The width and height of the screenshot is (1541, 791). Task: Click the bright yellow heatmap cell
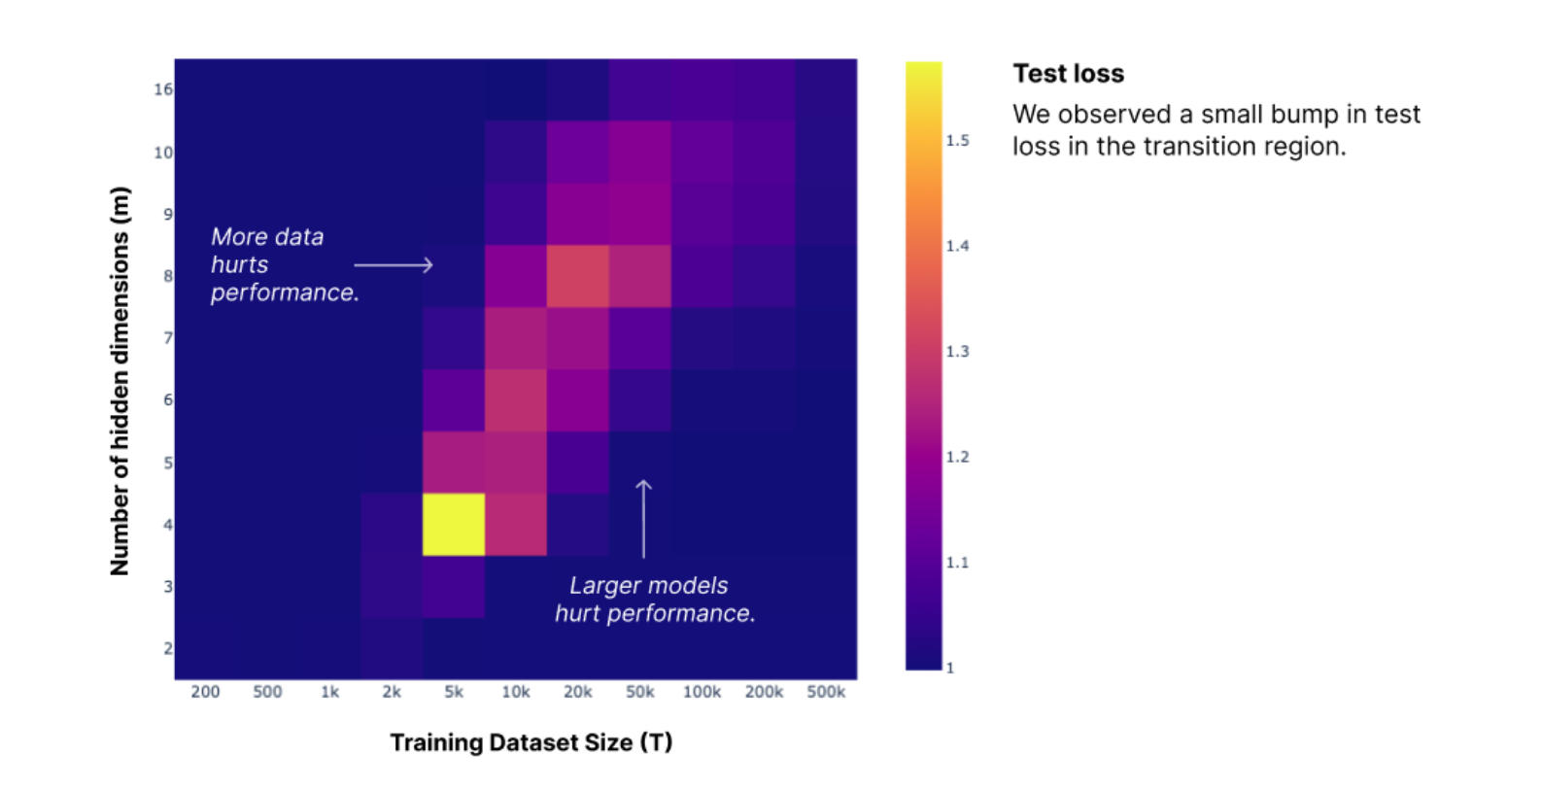click(x=454, y=525)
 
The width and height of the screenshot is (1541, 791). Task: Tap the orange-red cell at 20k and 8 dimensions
click(x=578, y=276)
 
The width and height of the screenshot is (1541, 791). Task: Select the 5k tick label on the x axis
click(x=454, y=692)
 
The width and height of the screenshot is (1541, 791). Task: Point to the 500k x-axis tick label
click(x=826, y=692)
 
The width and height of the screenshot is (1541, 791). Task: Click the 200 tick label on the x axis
click(x=205, y=692)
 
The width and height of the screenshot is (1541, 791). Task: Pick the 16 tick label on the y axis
click(x=162, y=89)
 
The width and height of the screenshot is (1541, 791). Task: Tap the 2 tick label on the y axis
click(x=168, y=648)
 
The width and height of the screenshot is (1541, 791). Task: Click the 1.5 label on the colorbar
click(x=957, y=141)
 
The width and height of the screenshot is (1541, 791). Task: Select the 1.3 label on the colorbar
click(x=957, y=352)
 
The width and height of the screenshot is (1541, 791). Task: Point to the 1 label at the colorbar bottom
click(x=950, y=669)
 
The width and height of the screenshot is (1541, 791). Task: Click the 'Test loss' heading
click(x=1068, y=74)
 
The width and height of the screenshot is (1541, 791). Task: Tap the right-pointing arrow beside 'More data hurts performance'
click(x=394, y=264)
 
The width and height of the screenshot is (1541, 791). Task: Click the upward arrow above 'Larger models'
click(x=643, y=518)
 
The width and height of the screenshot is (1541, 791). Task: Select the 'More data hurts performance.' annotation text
click(x=284, y=264)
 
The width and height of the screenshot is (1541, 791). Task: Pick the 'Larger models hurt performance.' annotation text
click(x=654, y=600)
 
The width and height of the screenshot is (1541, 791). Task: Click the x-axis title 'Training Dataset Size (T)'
click(x=531, y=742)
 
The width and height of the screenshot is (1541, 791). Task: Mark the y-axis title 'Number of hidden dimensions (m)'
click(x=120, y=381)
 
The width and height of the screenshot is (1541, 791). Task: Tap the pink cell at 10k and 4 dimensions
click(x=516, y=525)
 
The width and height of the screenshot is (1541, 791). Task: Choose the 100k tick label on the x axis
click(x=702, y=692)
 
